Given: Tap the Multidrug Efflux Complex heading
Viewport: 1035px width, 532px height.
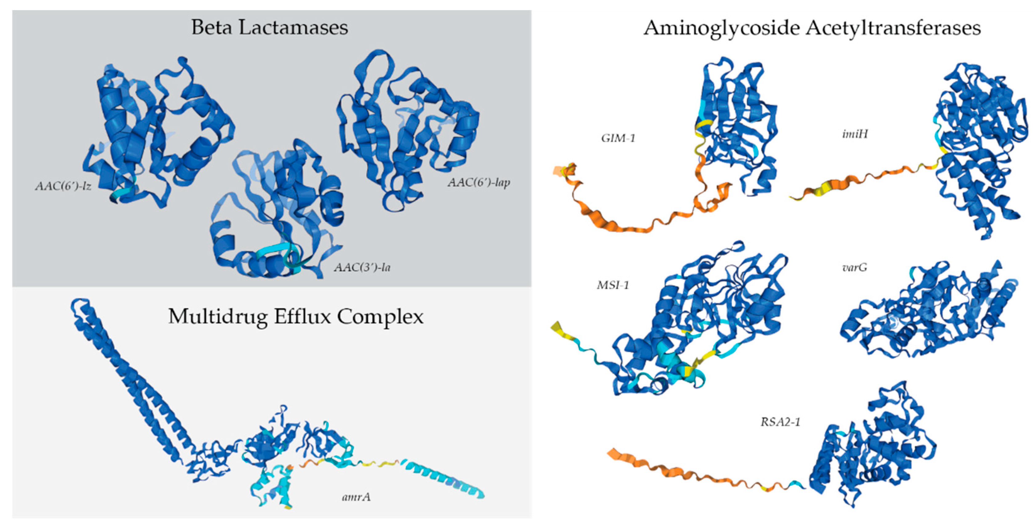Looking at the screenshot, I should point(296,317).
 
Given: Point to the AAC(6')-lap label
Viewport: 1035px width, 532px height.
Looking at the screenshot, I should point(479,183).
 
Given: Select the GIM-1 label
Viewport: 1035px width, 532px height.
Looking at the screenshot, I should point(618,138).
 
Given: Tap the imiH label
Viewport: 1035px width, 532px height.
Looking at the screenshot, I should point(854,134).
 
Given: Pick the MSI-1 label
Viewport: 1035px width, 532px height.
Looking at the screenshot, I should point(613,285).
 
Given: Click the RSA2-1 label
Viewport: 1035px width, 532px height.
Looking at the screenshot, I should point(780,422).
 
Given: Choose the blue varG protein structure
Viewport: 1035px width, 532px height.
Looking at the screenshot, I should point(928,314).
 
